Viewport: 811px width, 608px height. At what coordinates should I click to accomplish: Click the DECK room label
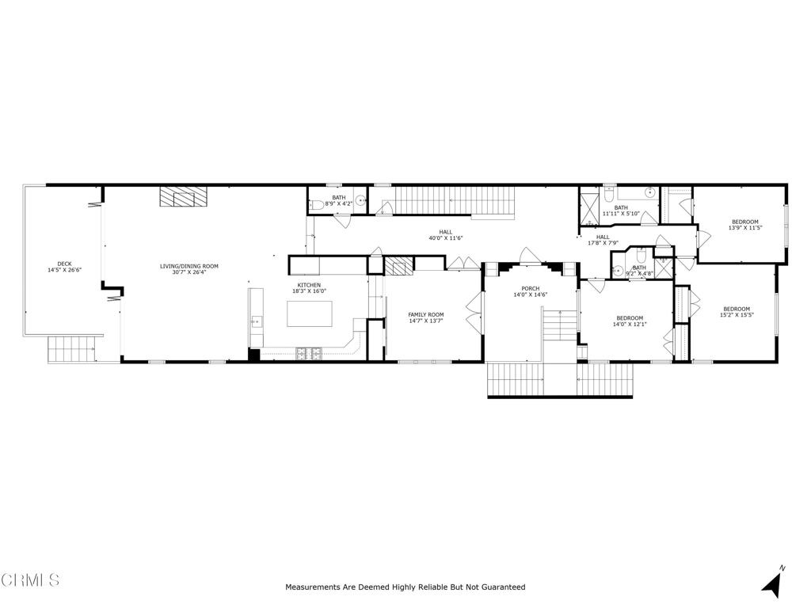tap(64, 264)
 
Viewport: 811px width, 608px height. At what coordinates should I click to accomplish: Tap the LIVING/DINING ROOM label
tap(188, 266)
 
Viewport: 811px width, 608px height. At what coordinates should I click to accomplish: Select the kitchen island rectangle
tap(310, 313)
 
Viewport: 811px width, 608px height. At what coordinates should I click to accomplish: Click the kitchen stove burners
tap(308, 354)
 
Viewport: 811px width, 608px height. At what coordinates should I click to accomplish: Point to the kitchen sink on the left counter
tap(256, 321)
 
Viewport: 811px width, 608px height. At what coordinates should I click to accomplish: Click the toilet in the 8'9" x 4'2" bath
tap(317, 205)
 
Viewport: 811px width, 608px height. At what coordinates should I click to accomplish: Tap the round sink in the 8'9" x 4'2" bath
tap(360, 201)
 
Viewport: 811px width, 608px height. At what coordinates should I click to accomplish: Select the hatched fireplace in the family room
tap(394, 266)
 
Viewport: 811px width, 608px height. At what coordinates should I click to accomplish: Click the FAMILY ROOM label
tap(426, 314)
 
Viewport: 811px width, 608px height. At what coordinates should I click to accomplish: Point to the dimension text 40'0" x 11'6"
tap(446, 238)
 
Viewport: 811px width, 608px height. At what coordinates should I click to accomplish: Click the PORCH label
tap(530, 288)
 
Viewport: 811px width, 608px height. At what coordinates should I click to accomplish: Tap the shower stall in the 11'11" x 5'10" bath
tap(590, 203)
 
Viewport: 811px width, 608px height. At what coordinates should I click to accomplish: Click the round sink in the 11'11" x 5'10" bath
tap(649, 192)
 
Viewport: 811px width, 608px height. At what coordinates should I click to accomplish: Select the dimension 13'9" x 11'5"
tap(744, 228)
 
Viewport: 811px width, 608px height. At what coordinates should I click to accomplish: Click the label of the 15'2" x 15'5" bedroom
tap(737, 309)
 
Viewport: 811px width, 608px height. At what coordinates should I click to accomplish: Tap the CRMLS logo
tap(30, 580)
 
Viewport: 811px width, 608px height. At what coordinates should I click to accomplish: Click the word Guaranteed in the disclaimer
tap(500, 587)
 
